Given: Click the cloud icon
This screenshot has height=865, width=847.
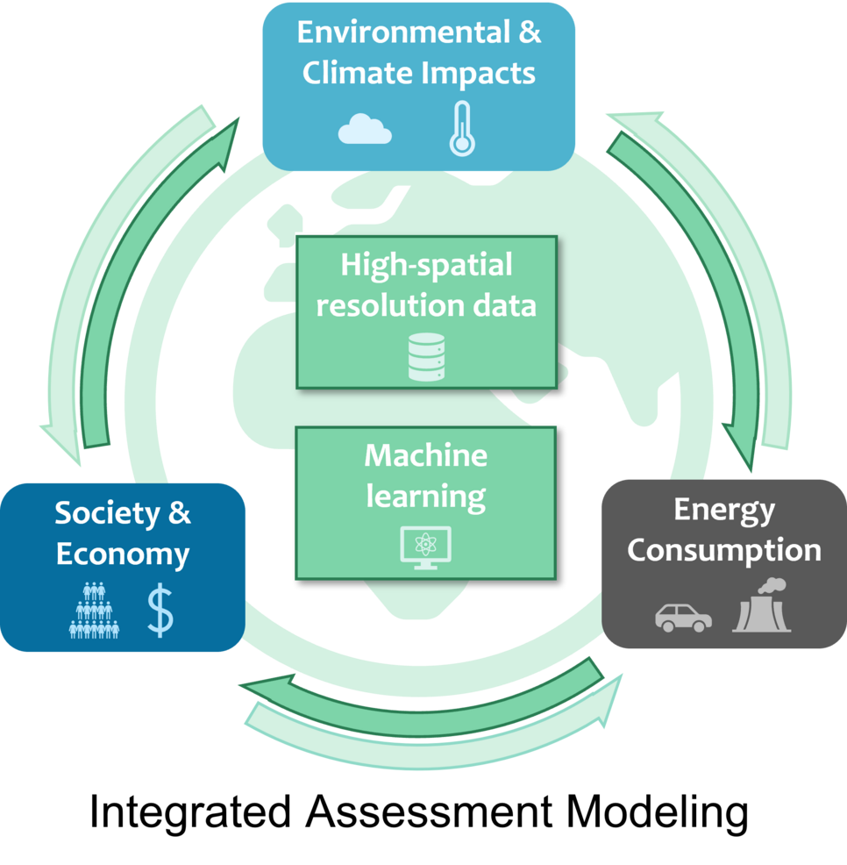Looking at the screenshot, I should coord(365,130).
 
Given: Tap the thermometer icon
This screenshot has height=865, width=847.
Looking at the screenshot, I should coord(461,129).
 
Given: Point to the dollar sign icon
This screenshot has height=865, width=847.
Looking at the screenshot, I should coord(160,611).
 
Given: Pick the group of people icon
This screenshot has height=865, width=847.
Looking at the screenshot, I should coord(94,611).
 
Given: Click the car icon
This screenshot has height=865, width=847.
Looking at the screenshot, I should coord(683,616).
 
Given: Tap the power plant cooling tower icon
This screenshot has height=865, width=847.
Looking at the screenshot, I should coord(762,606).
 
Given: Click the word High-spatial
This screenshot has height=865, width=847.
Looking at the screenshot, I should coord(426,264).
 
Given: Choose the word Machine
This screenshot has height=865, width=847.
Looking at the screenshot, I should coord(425,455).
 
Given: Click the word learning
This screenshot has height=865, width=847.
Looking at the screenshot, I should coord(425,497).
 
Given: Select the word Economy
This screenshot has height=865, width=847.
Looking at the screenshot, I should coord(123,554).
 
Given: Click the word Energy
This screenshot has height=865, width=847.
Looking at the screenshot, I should coord(724,510).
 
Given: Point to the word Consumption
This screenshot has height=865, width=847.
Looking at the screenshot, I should coord(724,551).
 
